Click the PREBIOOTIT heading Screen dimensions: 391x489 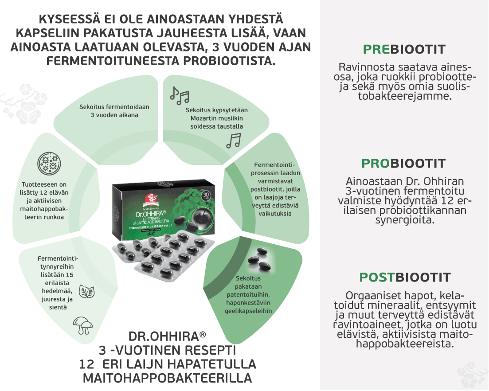pos(404,49)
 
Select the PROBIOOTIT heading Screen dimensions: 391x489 pos(404,164)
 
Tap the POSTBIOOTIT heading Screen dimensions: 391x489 pos(405,278)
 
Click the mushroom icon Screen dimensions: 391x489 pos(83,326)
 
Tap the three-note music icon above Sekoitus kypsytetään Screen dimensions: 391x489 pos(180,94)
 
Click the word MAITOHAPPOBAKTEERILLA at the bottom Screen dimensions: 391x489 pos(167,378)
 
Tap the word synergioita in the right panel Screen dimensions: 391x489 pos(404,220)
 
